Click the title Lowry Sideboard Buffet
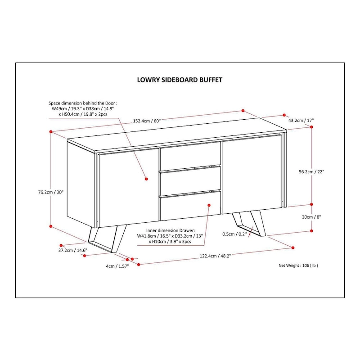(180, 80)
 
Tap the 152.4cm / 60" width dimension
(146, 121)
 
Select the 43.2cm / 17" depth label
(301, 120)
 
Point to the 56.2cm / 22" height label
(311, 171)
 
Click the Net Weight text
(298, 265)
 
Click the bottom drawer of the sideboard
(190, 205)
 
